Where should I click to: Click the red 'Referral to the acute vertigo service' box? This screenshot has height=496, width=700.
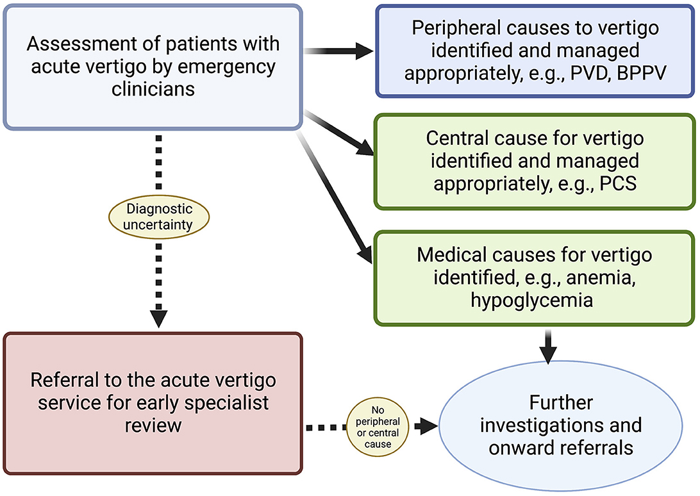153,403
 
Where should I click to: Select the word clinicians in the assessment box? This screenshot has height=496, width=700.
153,88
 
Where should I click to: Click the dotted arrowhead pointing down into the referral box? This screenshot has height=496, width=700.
158,317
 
